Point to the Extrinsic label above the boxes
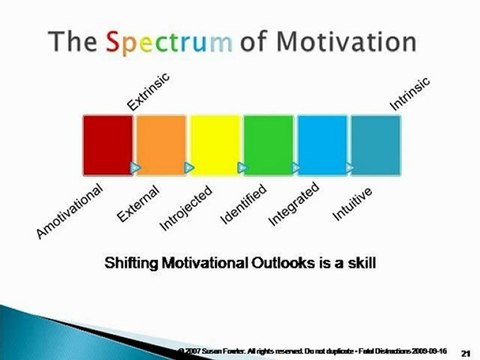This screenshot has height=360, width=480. [148, 90]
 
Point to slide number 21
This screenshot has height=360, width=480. [465, 353]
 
